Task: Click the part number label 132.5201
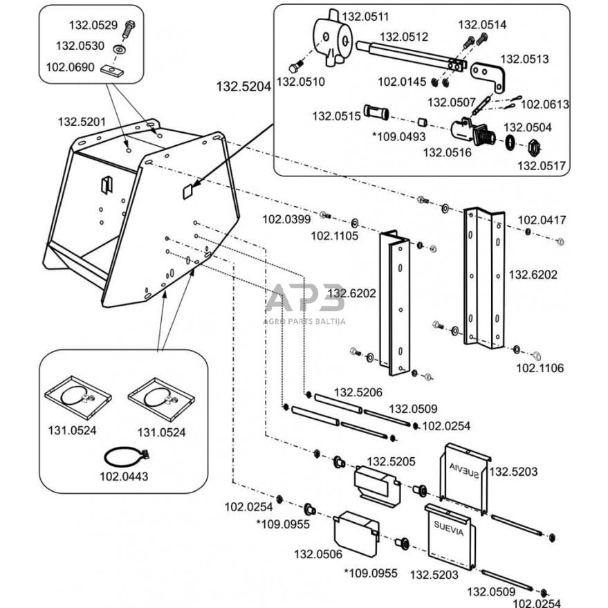coord(82,122)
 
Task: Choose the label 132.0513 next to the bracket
coord(524,59)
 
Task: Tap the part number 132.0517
coord(541,165)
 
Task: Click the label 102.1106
coord(540,368)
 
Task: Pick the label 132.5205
coord(390,461)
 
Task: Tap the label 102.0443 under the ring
coord(123,477)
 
